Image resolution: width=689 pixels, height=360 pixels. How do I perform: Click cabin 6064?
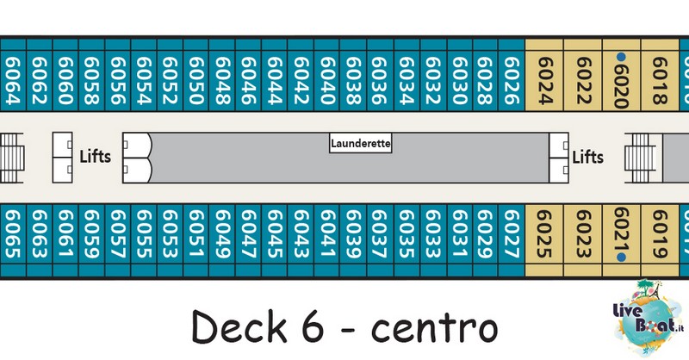(13, 80)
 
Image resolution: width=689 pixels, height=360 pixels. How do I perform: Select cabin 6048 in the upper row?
(222, 80)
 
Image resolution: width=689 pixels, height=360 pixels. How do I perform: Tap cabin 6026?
(512, 80)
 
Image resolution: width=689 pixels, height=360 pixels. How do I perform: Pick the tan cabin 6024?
(544, 80)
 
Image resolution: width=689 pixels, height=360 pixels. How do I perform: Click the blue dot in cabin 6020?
(621, 57)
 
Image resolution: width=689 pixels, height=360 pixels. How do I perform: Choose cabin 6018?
(660, 80)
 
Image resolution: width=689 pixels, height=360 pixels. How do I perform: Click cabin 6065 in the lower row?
(13, 234)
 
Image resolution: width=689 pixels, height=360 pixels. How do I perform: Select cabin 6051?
(196, 234)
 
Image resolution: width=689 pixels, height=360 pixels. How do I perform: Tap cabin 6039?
(353, 234)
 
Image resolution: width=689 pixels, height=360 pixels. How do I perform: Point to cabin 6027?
(512, 234)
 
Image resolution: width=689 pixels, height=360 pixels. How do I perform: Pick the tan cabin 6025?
(544, 234)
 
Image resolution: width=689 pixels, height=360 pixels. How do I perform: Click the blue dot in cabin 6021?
(621, 258)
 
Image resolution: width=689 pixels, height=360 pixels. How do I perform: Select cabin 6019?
(660, 234)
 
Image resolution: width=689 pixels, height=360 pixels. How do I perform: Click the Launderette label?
(361, 143)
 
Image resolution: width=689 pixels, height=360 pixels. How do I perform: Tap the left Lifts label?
(95, 157)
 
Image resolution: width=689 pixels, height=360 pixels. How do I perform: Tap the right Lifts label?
(588, 157)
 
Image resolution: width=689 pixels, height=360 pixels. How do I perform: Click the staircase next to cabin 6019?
(643, 158)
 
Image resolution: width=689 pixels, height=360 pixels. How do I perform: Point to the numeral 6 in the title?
(313, 326)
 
